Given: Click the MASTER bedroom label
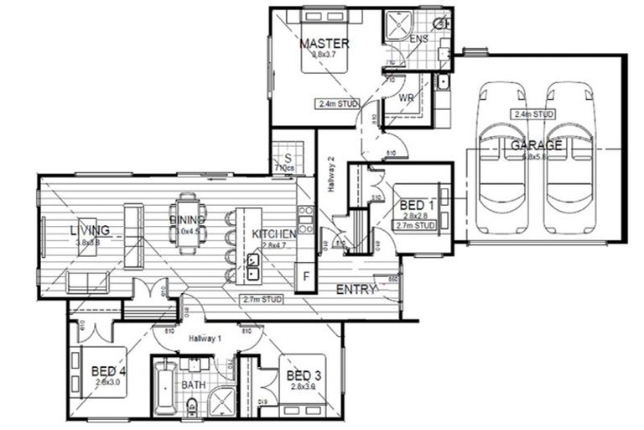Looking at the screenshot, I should [324, 44].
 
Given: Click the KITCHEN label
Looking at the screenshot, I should [273, 233].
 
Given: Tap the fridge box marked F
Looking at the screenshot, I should [307, 276].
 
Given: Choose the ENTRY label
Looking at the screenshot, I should [356, 289].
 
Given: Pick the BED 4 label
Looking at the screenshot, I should [109, 370].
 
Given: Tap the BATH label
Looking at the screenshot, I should [194, 385].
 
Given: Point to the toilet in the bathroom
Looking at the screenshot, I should [192, 408].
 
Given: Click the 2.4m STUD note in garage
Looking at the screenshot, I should [535, 113].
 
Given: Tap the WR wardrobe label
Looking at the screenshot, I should [407, 98].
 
